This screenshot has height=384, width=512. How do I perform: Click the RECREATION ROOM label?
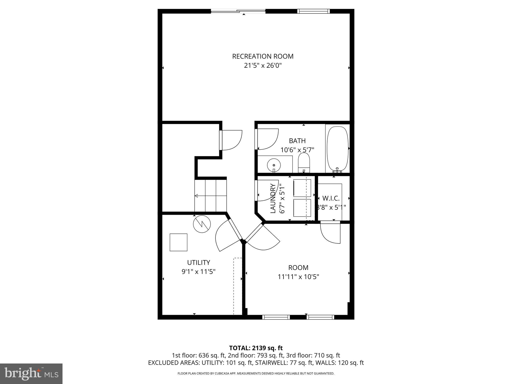click(263, 56)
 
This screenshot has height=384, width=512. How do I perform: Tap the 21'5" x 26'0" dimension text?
click(263, 66)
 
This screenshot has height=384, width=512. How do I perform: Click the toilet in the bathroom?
click(304, 162)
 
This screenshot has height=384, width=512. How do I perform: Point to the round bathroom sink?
click(274, 165)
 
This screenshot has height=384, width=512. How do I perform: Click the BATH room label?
click(297, 141)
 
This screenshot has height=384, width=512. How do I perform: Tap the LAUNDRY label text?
click(273, 198)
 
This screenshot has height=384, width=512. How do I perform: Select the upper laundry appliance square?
click(302, 188)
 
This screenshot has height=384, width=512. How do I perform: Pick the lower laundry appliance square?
click(302, 208)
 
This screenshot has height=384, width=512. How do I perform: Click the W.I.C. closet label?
click(331, 198)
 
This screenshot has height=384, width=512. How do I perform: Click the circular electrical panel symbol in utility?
click(202, 224)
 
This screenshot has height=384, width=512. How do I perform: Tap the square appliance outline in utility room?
click(178, 242)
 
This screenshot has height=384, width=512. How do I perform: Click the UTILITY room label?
click(198, 262)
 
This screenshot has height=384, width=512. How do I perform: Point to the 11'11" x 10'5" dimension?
click(298, 277)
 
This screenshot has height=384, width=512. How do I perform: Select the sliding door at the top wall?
click(238, 11)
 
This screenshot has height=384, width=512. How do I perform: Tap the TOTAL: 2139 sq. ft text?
click(256, 348)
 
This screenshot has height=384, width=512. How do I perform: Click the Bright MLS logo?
click(31, 374)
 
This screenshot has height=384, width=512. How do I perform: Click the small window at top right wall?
click(313, 11)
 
